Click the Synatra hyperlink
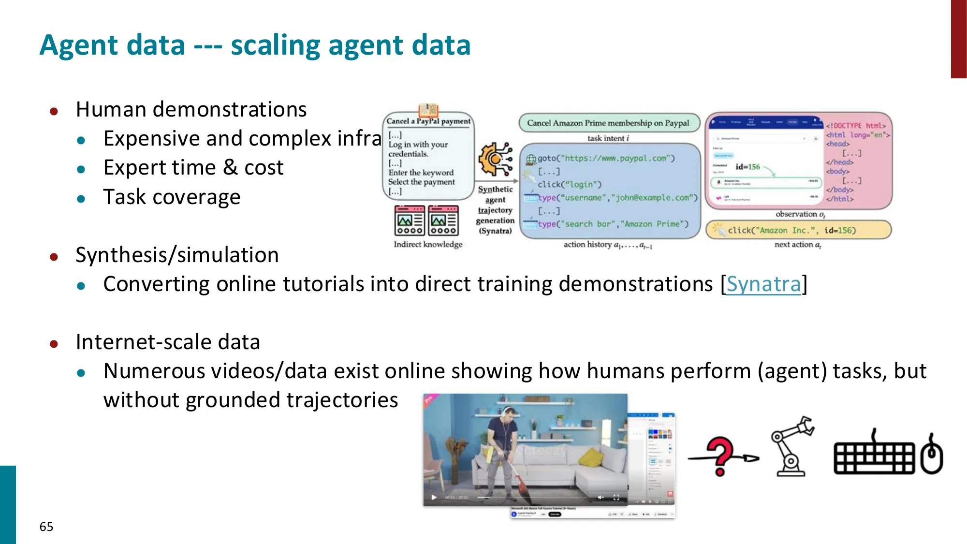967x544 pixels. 763,284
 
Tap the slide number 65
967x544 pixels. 46,527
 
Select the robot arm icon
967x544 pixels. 791,447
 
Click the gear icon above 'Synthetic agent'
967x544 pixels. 495,159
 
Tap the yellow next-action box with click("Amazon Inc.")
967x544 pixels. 798,230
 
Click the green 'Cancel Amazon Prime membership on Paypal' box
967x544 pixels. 608,123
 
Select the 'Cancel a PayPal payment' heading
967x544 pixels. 428,121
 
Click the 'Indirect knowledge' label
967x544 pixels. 428,244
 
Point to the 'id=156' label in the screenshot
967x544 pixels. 747,167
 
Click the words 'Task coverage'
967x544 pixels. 172,197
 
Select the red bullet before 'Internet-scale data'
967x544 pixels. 54,344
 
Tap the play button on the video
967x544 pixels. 434,497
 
